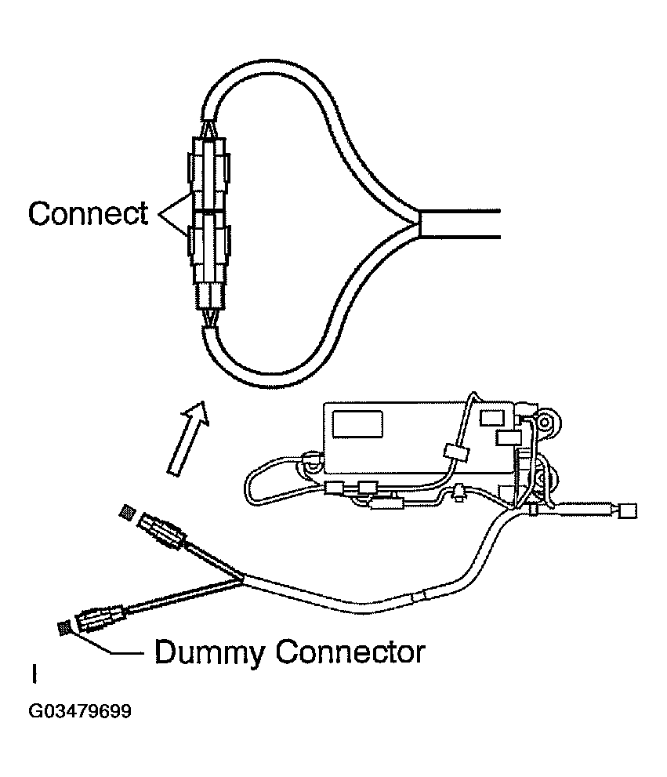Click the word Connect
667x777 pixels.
coord(88,212)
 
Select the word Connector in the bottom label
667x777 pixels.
coord(352,652)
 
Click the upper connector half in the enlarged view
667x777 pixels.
coord(208,171)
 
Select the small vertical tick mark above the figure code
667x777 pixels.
coord(33,674)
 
